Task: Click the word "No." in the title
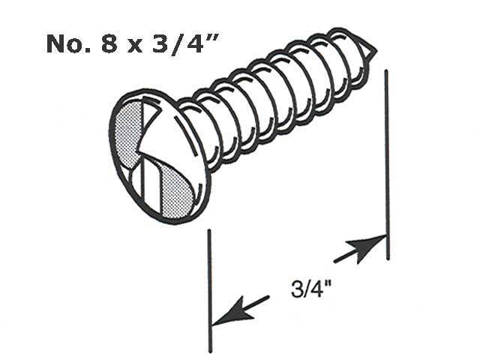coord(66,45)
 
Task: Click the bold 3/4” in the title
coord(176,45)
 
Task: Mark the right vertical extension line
coord(387,165)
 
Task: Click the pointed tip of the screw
coord(372,51)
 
